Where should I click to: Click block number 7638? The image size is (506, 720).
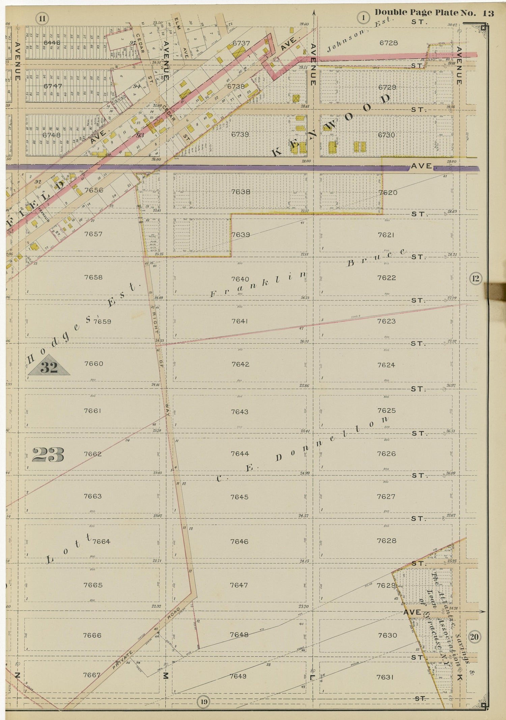pyautogui.click(x=241, y=192)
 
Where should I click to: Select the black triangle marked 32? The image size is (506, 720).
pyautogui.click(x=49, y=366)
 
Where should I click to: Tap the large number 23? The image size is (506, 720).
pyautogui.click(x=48, y=455)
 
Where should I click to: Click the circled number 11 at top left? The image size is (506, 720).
pyautogui.click(x=42, y=19)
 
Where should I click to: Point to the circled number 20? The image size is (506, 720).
pyautogui.click(x=474, y=637)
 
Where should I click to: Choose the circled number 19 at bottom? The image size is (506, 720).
pyautogui.click(x=203, y=702)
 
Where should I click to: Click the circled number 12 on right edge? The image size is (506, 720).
pyautogui.click(x=476, y=279)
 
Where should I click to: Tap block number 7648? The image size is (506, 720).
pyautogui.click(x=239, y=635)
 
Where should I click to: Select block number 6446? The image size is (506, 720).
pyautogui.click(x=52, y=42)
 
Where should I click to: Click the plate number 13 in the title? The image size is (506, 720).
pyautogui.click(x=488, y=13)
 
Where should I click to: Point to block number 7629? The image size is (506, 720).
pyautogui.click(x=386, y=585)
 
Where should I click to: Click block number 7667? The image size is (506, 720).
pyautogui.click(x=92, y=675)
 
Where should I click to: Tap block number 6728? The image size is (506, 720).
pyautogui.click(x=388, y=43)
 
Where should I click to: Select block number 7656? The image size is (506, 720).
pyautogui.click(x=94, y=190)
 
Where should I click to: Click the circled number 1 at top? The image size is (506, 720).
pyautogui.click(x=363, y=18)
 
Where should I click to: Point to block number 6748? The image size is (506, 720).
pyautogui.click(x=52, y=135)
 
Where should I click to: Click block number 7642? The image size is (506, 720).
pyautogui.click(x=240, y=364)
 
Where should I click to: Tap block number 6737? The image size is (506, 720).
pyautogui.click(x=241, y=43)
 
